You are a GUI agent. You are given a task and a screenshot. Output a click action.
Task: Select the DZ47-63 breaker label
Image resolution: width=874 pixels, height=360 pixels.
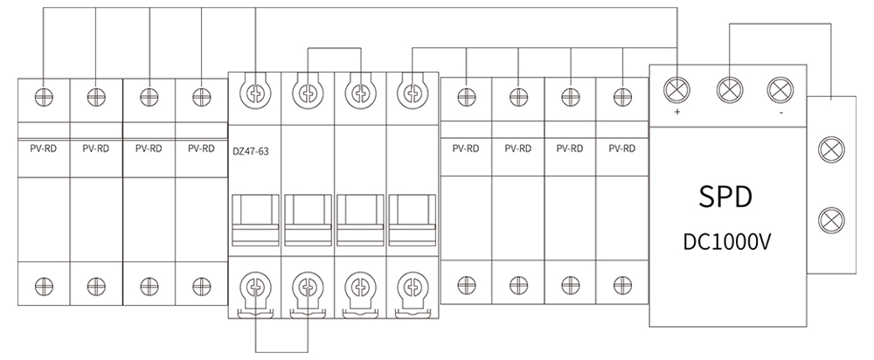251,151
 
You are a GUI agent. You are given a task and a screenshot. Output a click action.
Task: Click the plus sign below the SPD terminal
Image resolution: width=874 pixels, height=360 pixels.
677,113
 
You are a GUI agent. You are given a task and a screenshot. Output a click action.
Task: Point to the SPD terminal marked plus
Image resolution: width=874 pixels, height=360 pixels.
677,88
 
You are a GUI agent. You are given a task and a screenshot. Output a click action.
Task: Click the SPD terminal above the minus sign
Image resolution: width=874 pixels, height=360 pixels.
780,88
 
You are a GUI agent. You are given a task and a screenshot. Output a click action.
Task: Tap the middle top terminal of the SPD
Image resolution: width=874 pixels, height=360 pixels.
729,88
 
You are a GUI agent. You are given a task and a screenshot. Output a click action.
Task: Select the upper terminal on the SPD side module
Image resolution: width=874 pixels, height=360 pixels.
828,149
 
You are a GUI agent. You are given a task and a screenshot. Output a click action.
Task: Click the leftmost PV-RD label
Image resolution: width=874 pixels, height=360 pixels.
43,149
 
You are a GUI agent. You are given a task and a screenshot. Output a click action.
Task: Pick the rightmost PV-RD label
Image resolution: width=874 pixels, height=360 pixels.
621,149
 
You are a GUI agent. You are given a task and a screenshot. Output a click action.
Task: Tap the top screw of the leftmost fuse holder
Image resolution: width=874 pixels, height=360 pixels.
43,94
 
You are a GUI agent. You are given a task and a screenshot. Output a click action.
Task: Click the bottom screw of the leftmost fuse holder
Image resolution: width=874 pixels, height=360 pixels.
43,284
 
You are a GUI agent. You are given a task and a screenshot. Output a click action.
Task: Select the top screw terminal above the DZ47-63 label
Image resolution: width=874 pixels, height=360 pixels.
254,92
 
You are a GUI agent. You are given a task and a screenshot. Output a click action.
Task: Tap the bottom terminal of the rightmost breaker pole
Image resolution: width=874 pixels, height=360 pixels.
411,286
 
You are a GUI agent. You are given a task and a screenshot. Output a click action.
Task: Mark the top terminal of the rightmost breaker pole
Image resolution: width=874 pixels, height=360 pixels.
411,92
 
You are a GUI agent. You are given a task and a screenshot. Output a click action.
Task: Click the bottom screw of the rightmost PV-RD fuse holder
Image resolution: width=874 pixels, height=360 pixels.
621,284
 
